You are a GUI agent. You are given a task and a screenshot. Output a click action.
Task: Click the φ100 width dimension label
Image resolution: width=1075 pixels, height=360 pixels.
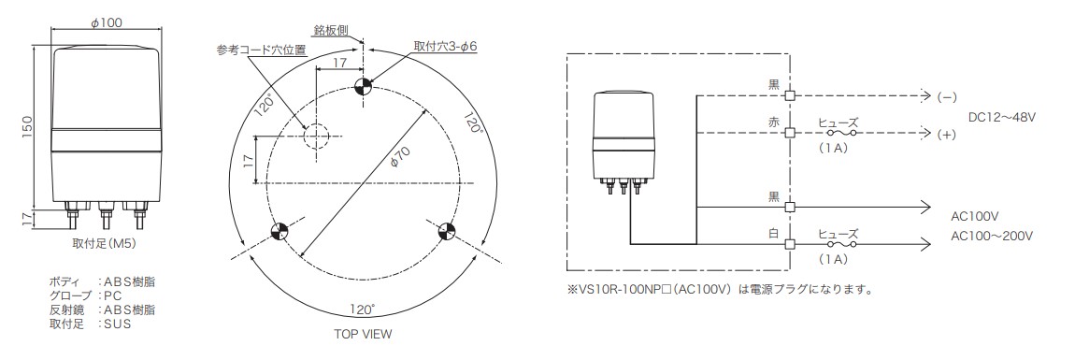pyautogui.click(x=107, y=22)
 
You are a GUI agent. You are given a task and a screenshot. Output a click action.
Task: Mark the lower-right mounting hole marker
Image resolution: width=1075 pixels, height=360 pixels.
pyautogui.click(x=446, y=231)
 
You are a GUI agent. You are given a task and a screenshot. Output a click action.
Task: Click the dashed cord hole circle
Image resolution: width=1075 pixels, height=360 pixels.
pyautogui.click(x=316, y=135)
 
